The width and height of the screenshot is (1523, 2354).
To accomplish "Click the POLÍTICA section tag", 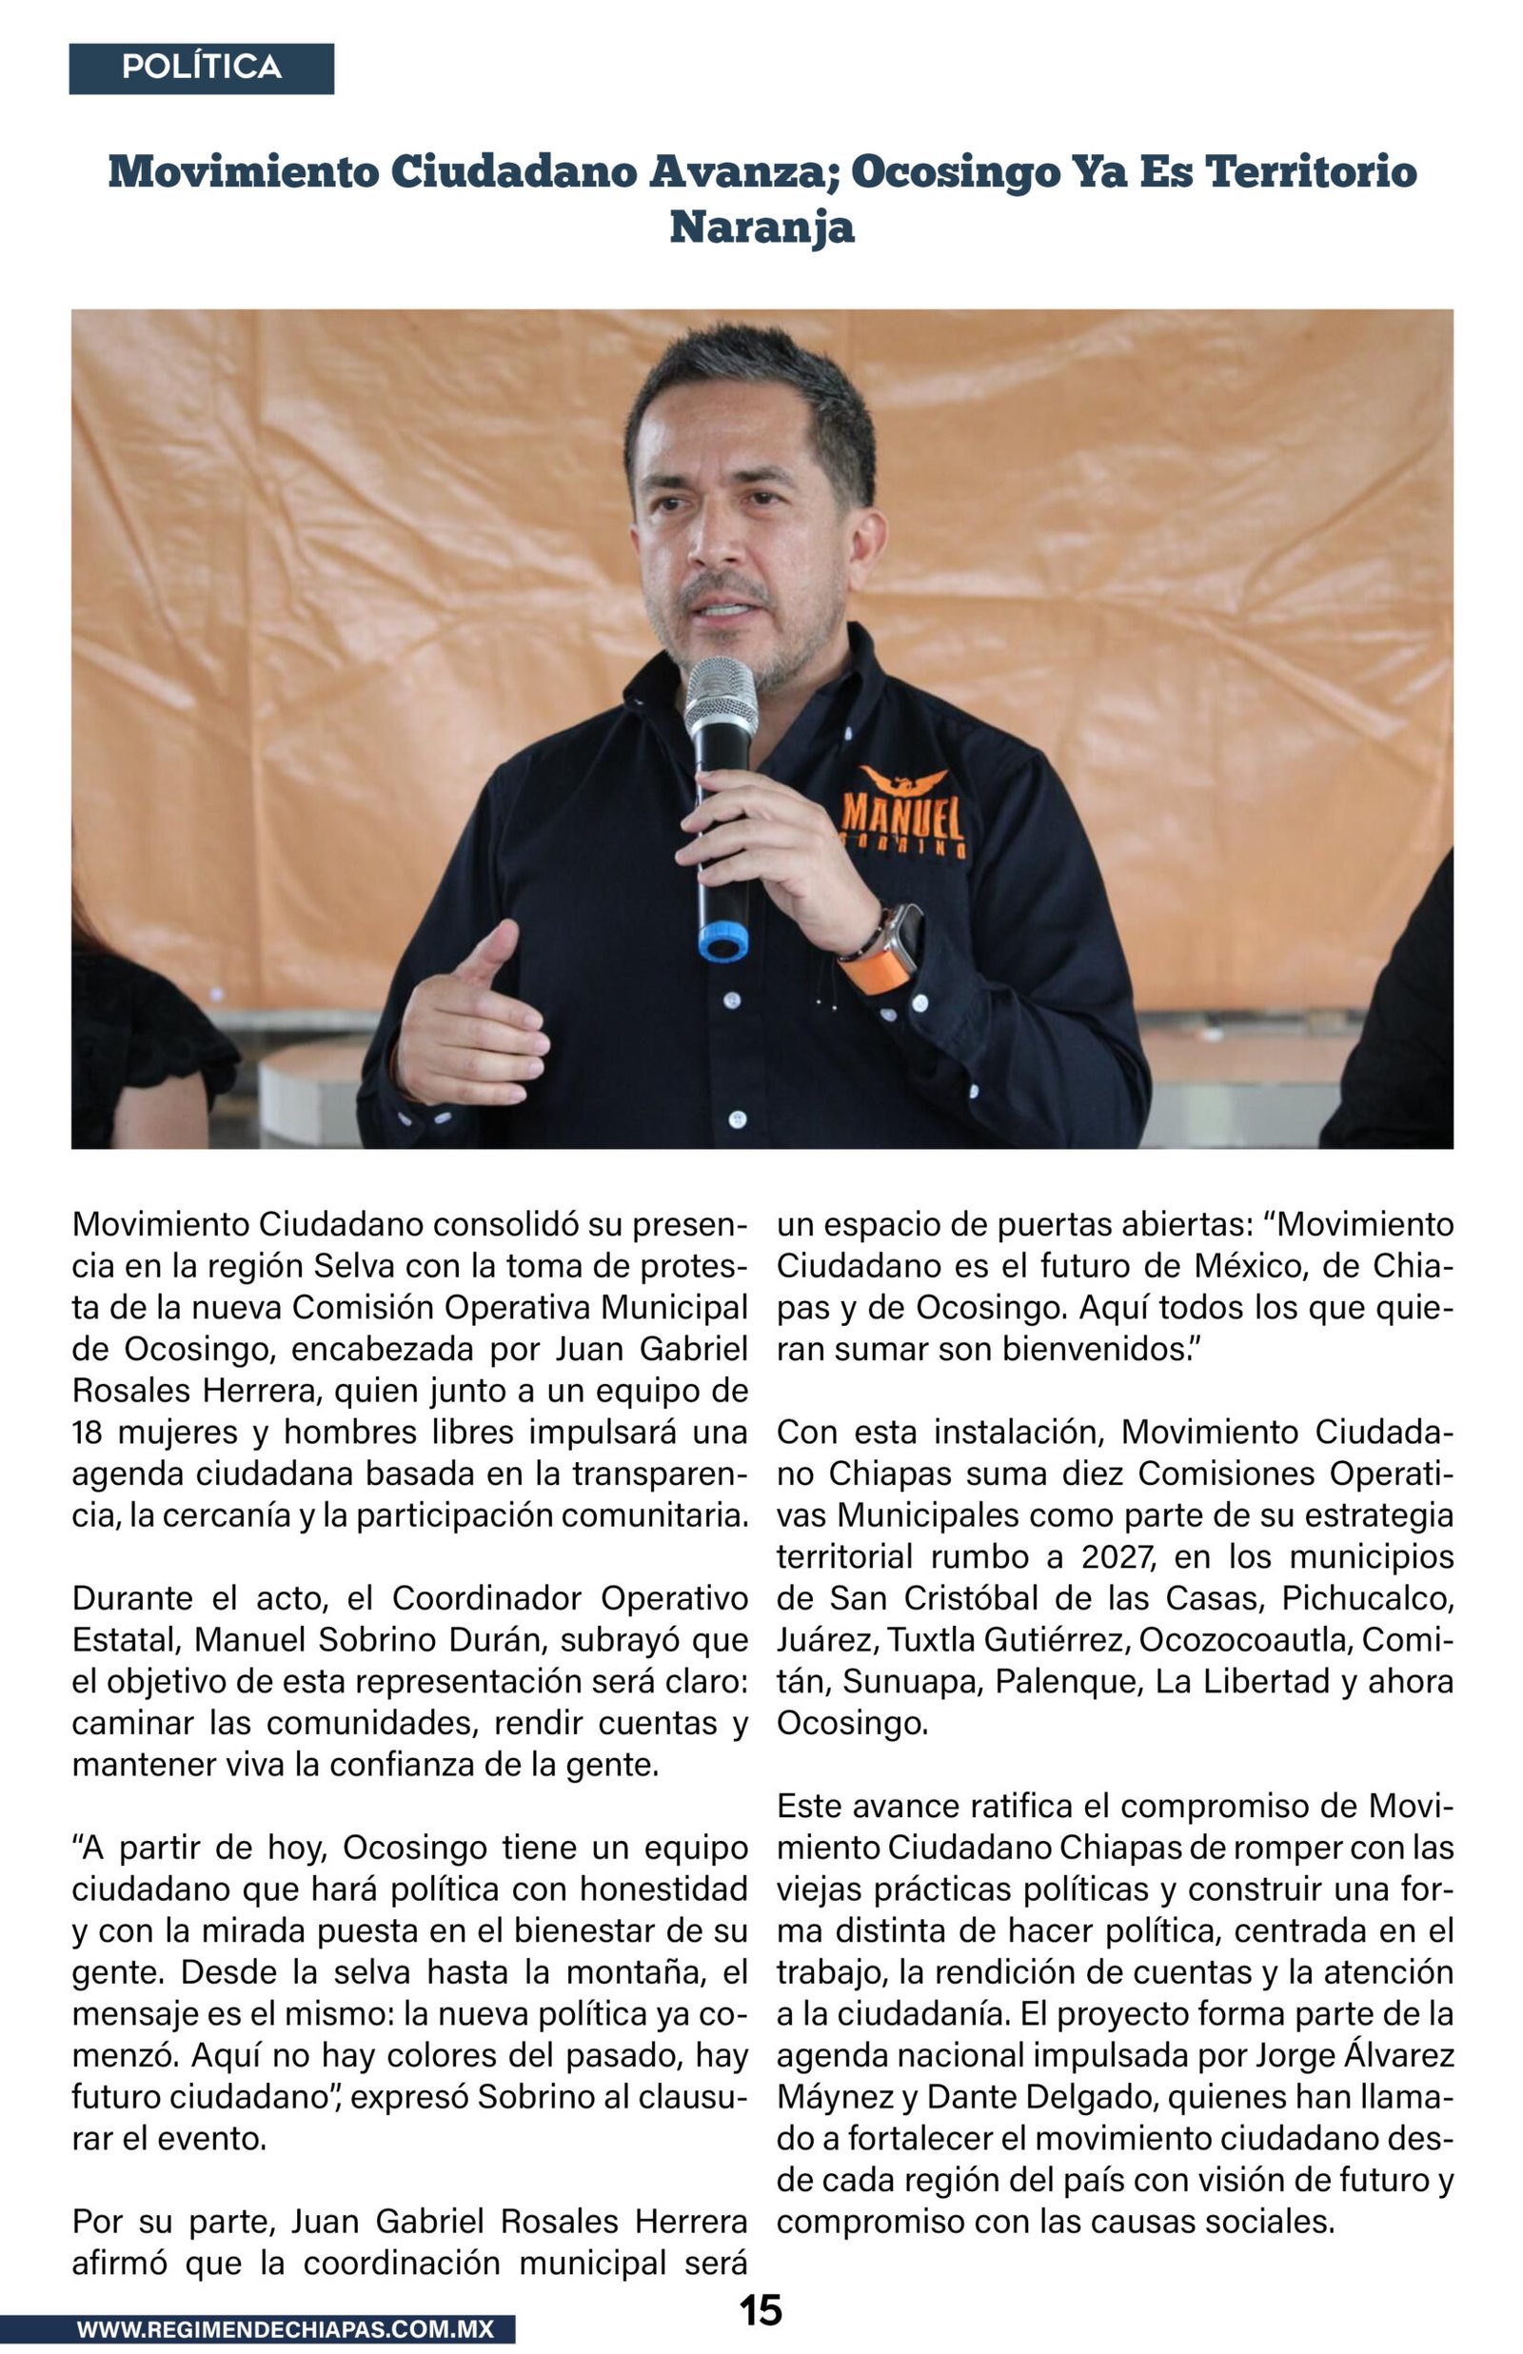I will pos(201,69).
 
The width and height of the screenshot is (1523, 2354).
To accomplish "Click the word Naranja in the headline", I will pos(761,227).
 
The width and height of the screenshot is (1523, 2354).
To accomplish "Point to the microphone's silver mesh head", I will pos(721,694).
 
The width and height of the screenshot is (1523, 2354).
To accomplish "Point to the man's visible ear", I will pos(866,543).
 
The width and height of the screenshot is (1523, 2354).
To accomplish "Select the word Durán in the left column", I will pos(499,1640).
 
